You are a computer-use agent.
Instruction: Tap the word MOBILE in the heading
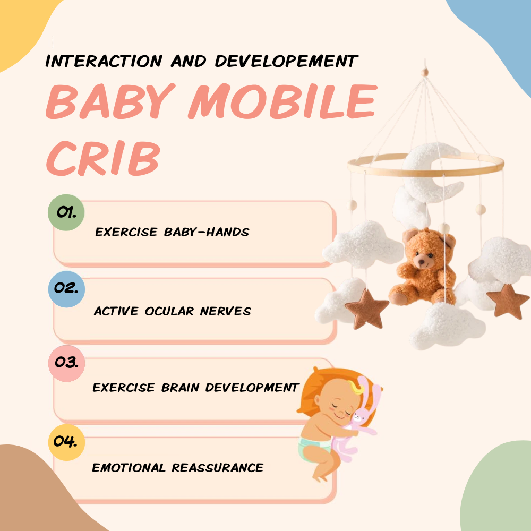pyautogui.click(x=282, y=102)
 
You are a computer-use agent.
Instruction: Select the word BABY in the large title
pyautogui.click(x=114, y=102)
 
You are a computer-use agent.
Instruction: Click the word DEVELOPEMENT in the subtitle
pyautogui.click(x=286, y=61)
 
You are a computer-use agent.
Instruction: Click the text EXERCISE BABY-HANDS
pyautogui.click(x=172, y=232)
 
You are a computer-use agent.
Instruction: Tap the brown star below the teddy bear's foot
pyautogui.click(x=366, y=309)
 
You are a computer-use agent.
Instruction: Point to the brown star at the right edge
pyautogui.click(x=508, y=301)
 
